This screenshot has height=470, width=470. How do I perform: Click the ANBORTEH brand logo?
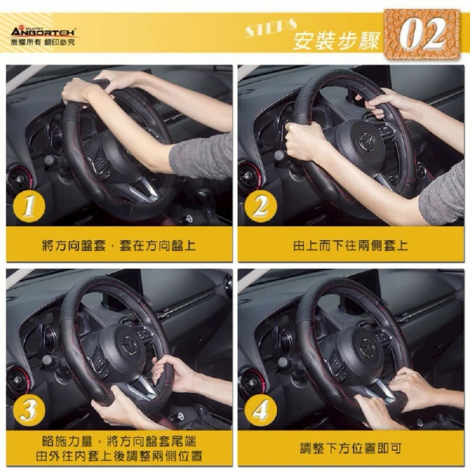click(x=43, y=31)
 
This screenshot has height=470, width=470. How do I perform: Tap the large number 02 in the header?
click(x=422, y=34)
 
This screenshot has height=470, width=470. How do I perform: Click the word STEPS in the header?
click(x=271, y=28)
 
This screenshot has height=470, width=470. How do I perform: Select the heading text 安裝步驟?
click(x=336, y=41)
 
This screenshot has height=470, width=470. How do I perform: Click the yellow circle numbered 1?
click(x=29, y=206)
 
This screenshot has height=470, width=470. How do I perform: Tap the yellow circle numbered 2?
click(x=261, y=206)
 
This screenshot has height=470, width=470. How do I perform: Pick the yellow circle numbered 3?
click(x=29, y=410)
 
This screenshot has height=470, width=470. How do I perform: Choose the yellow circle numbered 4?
click(x=261, y=410)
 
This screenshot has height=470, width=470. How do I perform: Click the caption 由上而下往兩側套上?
click(x=350, y=245)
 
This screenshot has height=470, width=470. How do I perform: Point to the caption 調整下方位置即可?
click(x=351, y=449)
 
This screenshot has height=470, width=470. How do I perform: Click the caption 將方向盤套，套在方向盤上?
click(x=119, y=245)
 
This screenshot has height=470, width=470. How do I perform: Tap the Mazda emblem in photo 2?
click(x=367, y=140)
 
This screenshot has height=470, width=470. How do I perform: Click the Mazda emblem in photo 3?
click(x=130, y=345)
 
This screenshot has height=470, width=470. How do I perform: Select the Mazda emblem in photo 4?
click(x=367, y=347)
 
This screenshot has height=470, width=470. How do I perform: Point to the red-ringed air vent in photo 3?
click(x=18, y=381)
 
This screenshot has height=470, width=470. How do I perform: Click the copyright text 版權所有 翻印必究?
click(x=43, y=43)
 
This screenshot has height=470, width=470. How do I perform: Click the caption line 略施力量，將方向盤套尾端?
click(x=119, y=441)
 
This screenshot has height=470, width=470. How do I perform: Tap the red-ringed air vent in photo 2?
click(x=250, y=178)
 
